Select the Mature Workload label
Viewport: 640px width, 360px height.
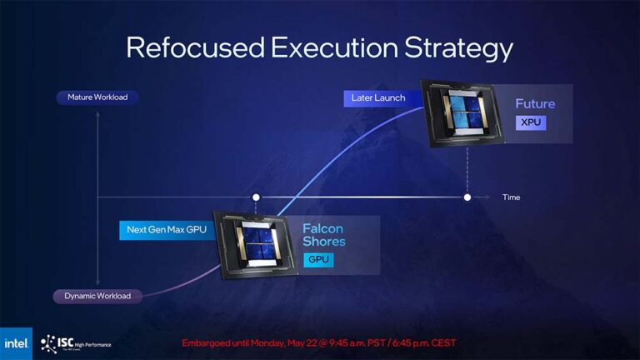tap(98, 97)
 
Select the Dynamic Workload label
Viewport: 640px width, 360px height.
tap(98, 296)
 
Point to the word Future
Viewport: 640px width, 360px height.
tap(535, 104)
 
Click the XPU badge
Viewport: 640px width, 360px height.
tap(531, 122)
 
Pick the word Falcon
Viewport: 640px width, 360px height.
tap(322, 228)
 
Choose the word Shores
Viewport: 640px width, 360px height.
tap(324, 242)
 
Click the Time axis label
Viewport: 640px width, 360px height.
tap(511, 197)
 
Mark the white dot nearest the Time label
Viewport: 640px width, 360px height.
tap(467, 197)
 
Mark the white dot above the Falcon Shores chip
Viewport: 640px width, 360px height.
tap(256, 197)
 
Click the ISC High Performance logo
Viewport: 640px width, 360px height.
tap(75, 342)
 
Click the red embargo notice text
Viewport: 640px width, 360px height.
tap(319, 342)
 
